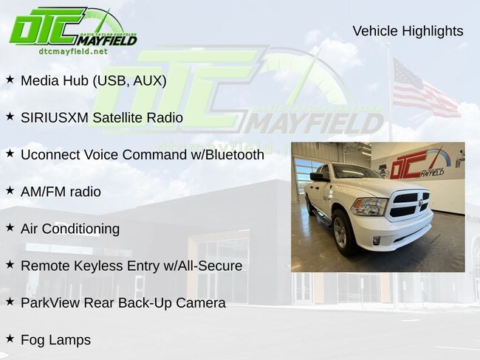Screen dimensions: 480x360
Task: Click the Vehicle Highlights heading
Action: (x=408, y=31)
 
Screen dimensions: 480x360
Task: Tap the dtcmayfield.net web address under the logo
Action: (x=73, y=51)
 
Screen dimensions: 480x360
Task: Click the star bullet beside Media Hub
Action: (x=10, y=80)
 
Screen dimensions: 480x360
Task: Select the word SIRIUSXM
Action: (x=55, y=118)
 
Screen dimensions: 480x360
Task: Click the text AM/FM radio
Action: (x=61, y=192)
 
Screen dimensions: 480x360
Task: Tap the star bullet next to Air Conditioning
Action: (x=10, y=227)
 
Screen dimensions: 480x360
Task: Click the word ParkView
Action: (x=50, y=302)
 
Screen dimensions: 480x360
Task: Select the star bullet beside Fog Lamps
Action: (x=10, y=339)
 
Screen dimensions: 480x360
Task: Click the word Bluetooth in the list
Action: (x=235, y=155)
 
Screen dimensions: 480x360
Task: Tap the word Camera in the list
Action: (x=201, y=302)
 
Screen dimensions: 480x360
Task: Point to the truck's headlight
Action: (x=369, y=207)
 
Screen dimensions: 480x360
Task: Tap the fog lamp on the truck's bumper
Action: (x=376, y=240)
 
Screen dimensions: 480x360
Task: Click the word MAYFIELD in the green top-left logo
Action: (x=106, y=41)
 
